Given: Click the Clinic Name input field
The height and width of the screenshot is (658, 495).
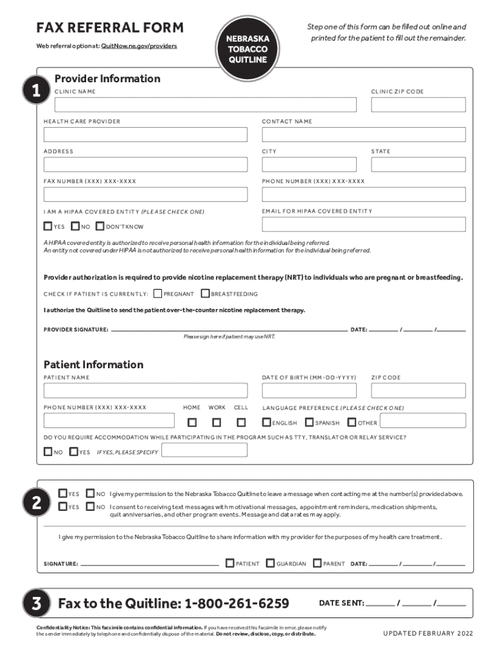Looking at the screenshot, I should [x=200, y=105].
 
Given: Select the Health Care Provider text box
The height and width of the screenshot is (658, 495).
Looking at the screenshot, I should [x=145, y=134].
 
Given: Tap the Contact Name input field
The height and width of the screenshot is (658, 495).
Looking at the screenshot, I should [x=363, y=134].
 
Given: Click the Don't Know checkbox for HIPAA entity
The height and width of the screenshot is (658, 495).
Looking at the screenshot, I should [x=100, y=226].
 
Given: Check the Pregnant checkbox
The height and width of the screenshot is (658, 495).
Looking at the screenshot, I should [x=158, y=294].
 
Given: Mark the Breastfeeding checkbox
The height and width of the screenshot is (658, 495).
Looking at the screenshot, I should [x=205, y=294].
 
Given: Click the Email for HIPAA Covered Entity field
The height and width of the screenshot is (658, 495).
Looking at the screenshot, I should [x=363, y=224].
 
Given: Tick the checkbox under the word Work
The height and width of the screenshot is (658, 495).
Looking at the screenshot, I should [x=217, y=422].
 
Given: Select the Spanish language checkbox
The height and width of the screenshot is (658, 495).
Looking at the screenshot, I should [x=309, y=422].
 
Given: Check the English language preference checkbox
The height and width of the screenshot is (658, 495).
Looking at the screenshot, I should [x=267, y=422].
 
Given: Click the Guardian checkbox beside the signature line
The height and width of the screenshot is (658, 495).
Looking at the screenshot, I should [x=270, y=563].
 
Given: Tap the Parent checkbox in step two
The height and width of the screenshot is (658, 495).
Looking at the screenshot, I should [x=317, y=563].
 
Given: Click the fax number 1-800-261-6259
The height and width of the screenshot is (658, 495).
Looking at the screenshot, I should [x=237, y=603].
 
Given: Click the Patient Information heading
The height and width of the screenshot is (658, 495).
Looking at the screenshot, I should [x=93, y=364].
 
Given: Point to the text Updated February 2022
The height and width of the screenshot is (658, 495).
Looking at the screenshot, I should [x=428, y=634].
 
